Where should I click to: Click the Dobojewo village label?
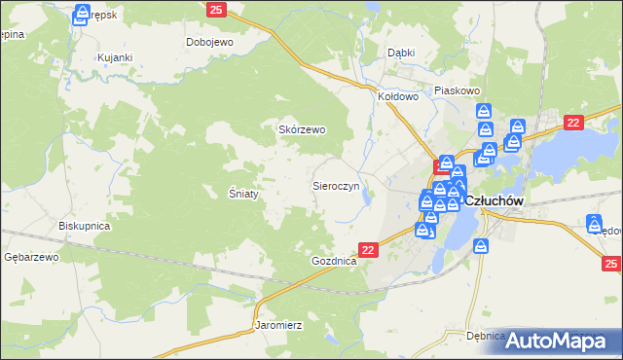[x=209, y=43]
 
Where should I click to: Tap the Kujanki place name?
[x=114, y=58]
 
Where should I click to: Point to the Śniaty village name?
[x=243, y=194]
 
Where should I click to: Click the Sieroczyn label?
[x=336, y=185]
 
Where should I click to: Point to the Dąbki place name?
[x=401, y=54]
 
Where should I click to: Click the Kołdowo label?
[x=398, y=97]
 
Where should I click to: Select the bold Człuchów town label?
[x=495, y=200]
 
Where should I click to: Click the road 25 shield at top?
[x=216, y=10]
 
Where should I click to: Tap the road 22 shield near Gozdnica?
[x=368, y=250]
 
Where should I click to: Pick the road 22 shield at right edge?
[x=573, y=122]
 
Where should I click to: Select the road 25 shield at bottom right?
[x=610, y=264]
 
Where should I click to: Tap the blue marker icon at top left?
[x=83, y=13]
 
